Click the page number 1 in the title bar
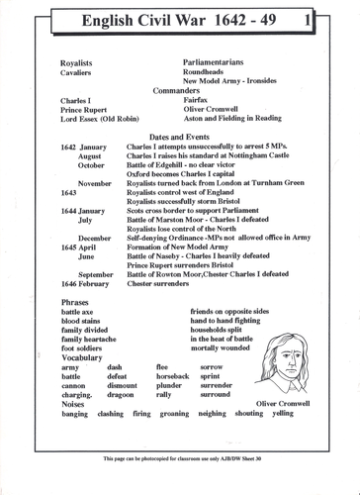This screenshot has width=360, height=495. coord(337,18)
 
